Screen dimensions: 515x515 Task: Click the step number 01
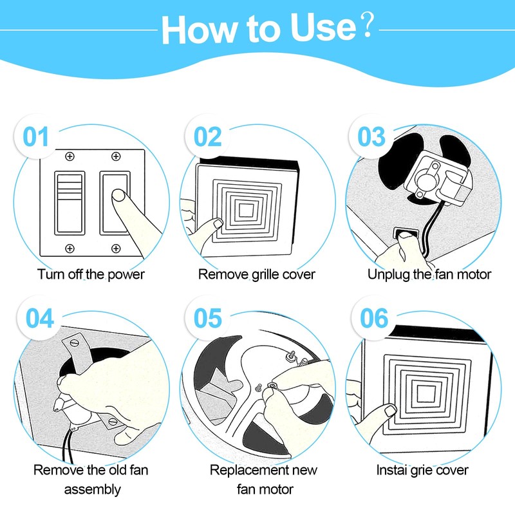[x=36, y=136]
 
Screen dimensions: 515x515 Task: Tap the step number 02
[x=207, y=136]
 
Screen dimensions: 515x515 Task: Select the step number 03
[x=371, y=136]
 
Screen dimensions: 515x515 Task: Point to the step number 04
[x=40, y=318]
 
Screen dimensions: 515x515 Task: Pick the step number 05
[x=207, y=318]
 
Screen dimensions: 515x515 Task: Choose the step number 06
[x=374, y=318]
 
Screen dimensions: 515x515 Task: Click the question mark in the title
[x=368, y=25]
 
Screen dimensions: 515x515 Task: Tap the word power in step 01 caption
[x=126, y=276]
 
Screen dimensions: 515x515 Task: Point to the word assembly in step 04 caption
[x=92, y=490]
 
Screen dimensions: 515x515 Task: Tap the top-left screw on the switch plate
[x=70, y=156]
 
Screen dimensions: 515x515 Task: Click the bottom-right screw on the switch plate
[x=116, y=248]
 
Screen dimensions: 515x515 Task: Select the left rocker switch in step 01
[x=70, y=203]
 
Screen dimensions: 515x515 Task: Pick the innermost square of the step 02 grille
[x=247, y=211]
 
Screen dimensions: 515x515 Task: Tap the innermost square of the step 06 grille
[x=426, y=393]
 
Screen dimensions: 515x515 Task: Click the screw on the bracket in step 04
[x=75, y=343]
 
